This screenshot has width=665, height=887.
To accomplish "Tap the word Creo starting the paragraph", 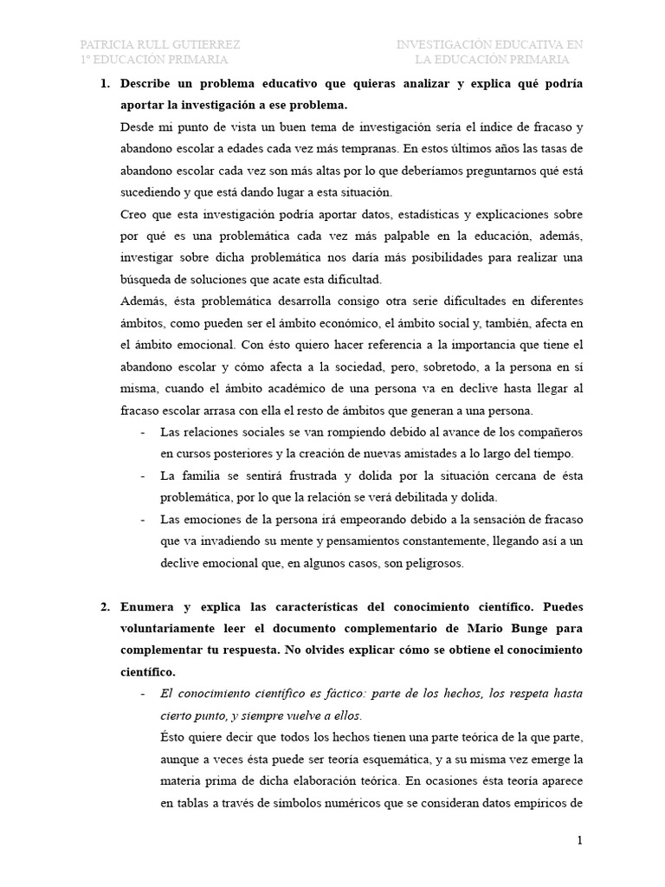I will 135,214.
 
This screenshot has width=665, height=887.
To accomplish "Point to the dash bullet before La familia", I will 143,476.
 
